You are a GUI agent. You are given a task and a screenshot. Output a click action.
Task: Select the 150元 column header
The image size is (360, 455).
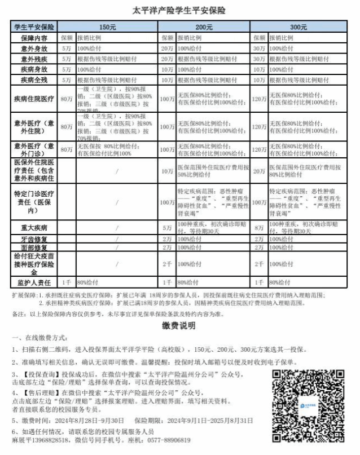108,26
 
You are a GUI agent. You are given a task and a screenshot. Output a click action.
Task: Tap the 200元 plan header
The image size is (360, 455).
205,26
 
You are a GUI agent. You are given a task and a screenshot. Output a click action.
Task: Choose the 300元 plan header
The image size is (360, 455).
299,26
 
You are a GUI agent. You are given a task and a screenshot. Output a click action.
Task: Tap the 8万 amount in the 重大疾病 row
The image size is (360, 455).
260,228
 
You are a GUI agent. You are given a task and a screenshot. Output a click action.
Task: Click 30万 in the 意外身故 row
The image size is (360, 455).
260,48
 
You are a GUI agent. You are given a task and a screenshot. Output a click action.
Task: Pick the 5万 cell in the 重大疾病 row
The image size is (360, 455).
167,228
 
